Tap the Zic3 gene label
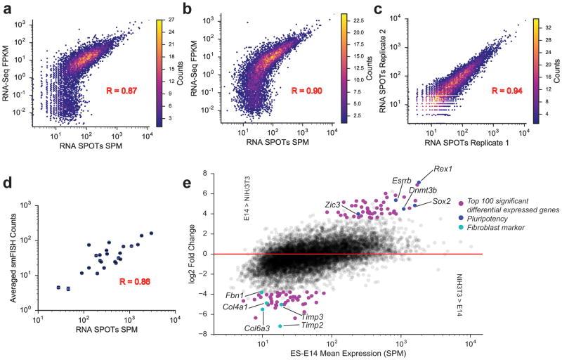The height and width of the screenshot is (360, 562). (x=332, y=205)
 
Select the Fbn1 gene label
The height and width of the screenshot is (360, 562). (x=235, y=295)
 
